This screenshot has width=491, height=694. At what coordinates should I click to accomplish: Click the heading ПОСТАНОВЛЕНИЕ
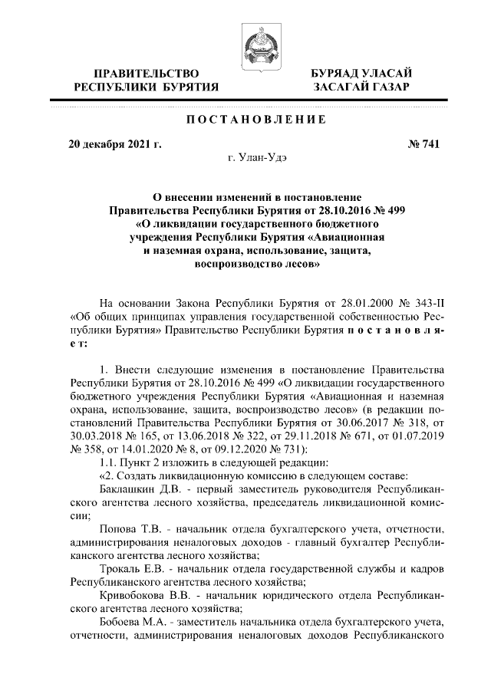253,120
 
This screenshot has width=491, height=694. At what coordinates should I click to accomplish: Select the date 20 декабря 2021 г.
114,143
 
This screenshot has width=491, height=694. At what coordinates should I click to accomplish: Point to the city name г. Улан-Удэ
253,157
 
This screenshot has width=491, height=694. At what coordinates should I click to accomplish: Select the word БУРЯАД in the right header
335,73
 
